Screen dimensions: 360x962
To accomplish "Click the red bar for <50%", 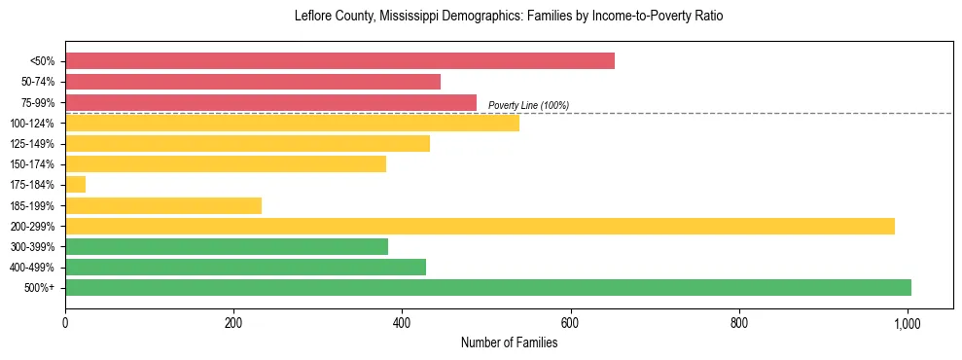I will click(x=339, y=61).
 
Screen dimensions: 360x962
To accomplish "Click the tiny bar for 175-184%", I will click(x=75, y=184).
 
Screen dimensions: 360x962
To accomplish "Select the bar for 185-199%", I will click(x=163, y=205).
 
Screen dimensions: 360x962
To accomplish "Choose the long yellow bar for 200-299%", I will click(x=480, y=226).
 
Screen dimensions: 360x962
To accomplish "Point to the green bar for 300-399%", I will click(x=227, y=246).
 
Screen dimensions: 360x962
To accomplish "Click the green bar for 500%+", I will click(x=488, y=287).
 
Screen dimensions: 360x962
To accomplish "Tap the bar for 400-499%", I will click(x=245, y=267).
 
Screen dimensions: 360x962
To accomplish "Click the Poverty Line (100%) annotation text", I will click(x=528, y=105).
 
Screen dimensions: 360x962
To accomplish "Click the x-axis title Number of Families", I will click(x=509, y=342).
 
